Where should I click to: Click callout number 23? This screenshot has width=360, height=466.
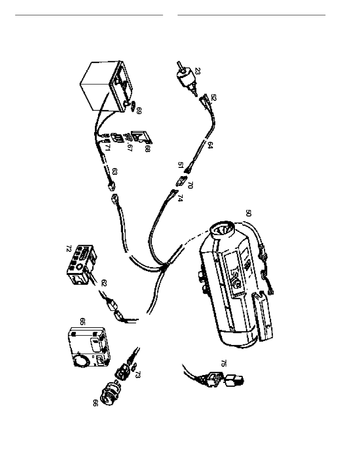point(198,71)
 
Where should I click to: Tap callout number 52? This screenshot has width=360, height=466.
point(213,97)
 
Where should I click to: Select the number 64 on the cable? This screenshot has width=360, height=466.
point(211,146)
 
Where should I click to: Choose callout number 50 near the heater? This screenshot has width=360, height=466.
point(248,213)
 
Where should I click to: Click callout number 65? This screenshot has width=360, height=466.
point(82,322)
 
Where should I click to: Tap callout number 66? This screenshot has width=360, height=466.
point(95,403)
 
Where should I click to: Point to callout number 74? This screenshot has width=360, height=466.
point(180,198)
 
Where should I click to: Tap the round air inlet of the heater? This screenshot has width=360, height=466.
point(222,231)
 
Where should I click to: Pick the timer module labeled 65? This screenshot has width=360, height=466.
point(88,347)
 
